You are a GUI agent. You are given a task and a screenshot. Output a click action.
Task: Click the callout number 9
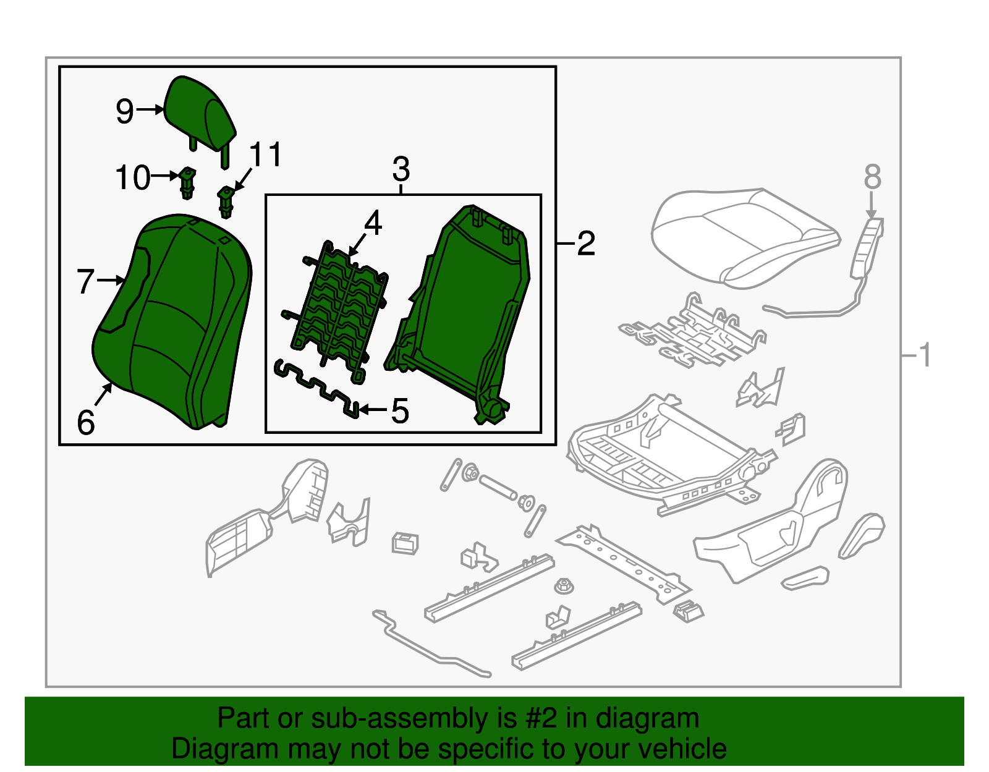point(125,112)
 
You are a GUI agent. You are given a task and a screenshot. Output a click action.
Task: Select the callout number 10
point(133,178)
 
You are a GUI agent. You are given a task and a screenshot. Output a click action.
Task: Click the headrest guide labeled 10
point(187,182)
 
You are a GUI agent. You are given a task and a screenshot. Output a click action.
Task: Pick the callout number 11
point(266,155)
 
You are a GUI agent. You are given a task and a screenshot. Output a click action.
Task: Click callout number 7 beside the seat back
point(86,282)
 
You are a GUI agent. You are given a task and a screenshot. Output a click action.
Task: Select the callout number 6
point(86,423)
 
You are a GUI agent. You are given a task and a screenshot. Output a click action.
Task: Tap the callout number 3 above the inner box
point(401,169)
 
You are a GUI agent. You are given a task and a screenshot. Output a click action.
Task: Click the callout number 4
point(373,223)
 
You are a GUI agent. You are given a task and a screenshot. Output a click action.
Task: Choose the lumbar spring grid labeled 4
point(340,309)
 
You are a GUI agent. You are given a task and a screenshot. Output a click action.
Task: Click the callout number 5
point(400,411)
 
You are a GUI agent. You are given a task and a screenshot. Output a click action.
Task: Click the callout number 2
point(585,244)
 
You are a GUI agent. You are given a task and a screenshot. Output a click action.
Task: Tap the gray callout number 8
point(872,177)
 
